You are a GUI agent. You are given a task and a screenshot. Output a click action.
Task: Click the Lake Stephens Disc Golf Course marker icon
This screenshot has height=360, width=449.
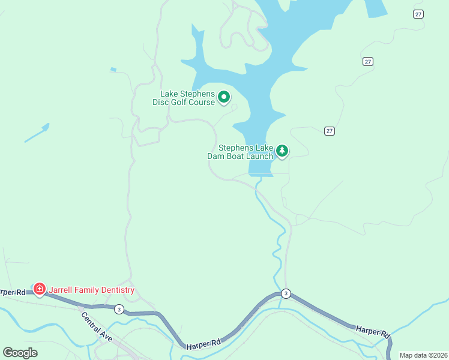pos(224,97)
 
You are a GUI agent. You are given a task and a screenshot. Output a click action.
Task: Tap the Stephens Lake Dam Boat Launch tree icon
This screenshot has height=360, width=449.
pos(282,151)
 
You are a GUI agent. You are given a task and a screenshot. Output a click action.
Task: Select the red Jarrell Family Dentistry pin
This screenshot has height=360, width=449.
pos(40,289)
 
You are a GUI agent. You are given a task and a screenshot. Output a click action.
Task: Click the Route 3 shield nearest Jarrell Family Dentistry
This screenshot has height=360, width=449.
pos(119,309)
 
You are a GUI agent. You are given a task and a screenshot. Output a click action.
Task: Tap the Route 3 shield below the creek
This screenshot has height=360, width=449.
pos(286,293)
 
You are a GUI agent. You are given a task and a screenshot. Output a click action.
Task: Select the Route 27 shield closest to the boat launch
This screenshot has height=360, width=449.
pos(330,131)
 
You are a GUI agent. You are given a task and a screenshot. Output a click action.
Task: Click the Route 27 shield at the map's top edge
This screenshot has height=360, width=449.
pos(418,14)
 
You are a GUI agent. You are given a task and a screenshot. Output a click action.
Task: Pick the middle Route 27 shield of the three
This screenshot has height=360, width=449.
pos(368,61)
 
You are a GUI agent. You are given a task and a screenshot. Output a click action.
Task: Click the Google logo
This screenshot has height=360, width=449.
pos(20,352)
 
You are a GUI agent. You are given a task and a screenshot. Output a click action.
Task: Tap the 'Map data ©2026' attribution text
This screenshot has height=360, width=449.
pos(423,355)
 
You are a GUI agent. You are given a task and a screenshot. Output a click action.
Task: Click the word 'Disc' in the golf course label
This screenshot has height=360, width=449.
pos(161,103)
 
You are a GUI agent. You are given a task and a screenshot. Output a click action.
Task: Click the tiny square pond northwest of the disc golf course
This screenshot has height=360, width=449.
pos(113,70)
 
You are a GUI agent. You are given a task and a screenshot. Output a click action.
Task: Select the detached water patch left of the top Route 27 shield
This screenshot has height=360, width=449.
pos(376,7)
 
